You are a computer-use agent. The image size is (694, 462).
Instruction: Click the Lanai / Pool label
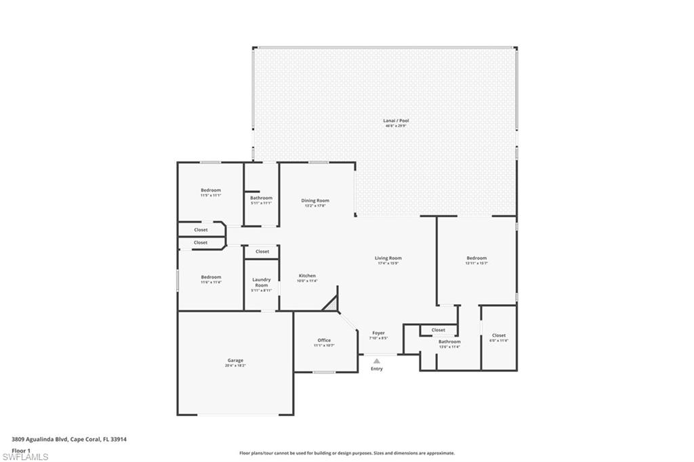(396, 121)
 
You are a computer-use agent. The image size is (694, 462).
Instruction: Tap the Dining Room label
(315, 201)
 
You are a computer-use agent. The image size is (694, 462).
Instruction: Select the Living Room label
(388, 258)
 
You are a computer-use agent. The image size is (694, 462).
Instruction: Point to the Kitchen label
(308, 276)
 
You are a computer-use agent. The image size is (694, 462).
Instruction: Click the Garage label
(235, 360)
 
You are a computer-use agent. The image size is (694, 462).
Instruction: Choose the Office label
(324, 340)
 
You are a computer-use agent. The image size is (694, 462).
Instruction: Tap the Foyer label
(378, 333)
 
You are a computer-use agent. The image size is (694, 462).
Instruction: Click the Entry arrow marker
(377, 361)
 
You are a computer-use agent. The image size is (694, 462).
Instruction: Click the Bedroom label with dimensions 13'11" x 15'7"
(476, 258)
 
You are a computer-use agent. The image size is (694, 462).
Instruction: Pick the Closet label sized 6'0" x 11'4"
(499, 335)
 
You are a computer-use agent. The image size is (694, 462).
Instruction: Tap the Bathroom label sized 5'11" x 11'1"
(261, 198)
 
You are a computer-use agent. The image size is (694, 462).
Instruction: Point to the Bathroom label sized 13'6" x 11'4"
(449, 342)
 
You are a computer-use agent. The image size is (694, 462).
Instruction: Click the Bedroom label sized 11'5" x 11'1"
(211, 190)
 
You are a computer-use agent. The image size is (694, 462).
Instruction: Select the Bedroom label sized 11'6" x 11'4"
(211, 276)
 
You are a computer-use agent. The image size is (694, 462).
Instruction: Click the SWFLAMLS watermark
(25, 457)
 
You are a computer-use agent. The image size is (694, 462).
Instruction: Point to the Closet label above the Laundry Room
(262, 251)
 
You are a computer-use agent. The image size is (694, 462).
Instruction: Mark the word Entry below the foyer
(377, 369)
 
